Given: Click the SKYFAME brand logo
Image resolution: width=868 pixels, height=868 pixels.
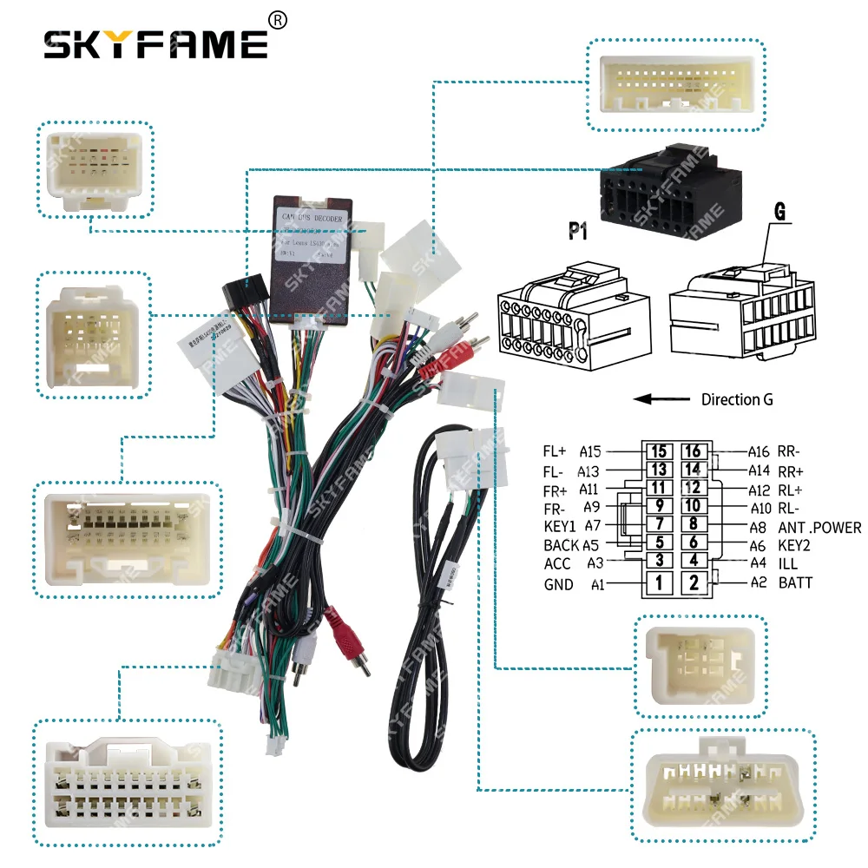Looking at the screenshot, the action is point(156,43).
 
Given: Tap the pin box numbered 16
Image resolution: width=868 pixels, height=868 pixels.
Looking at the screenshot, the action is point(693,451).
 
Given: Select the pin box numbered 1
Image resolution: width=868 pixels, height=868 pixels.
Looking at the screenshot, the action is point(660,583).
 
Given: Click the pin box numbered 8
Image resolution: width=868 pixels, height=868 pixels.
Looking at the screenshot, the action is point(693,524).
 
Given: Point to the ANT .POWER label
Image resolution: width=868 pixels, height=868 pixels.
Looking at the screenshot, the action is point(819,527).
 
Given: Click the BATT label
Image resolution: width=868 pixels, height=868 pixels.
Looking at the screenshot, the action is point(795,582).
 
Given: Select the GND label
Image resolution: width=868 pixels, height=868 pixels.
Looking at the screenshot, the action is point(559,584).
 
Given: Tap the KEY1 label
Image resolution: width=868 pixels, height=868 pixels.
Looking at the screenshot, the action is point(560,527).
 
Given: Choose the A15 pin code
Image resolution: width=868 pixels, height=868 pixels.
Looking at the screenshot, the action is point(591,451).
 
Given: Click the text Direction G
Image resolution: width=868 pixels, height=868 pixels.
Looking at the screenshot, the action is point(737,399).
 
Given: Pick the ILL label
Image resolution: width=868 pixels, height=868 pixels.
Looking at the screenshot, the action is point(787,563).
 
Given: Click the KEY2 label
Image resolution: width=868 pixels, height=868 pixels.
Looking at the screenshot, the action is point(794,545).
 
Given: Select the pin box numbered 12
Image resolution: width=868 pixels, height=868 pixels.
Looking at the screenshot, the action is point(693,488).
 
